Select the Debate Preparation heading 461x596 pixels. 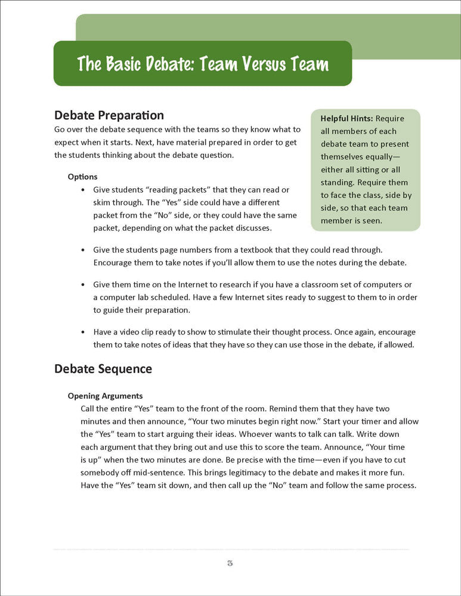(x=109, y=115)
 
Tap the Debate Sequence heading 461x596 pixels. (x=103, y=369)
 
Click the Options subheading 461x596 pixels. (x=82, y=177)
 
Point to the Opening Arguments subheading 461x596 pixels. (x=105, y=396)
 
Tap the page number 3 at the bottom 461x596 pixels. (x=230, y=563)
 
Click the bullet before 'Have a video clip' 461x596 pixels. (x=82, y=332)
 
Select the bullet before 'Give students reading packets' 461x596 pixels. (x=82, y=190)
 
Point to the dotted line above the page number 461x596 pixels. (x=230, y=549)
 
